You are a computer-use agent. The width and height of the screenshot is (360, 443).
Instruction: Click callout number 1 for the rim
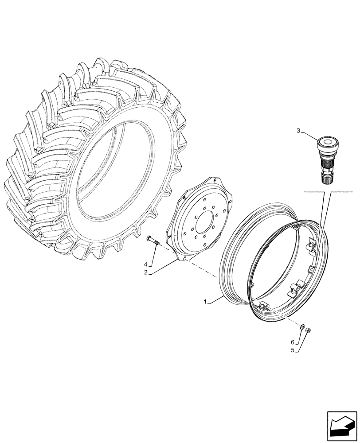point(205,302)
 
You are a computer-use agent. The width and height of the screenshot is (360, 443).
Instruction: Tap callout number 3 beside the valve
point(298,131)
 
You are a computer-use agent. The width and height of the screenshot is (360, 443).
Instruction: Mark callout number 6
point(292,342)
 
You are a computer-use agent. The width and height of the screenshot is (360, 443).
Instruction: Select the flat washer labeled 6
point(302,328)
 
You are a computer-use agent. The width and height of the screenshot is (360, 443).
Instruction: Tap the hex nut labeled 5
point(309,330)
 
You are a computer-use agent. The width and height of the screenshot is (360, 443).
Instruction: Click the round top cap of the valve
point(328,143)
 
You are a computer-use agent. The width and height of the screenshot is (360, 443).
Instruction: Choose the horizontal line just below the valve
point(328,191)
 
